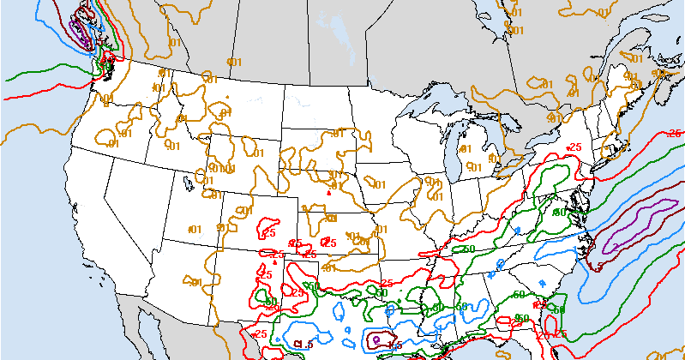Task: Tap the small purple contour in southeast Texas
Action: point(377,339)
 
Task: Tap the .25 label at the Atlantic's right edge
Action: point(675,134)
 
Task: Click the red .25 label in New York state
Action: point(574,147)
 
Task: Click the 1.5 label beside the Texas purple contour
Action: point(394,345)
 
